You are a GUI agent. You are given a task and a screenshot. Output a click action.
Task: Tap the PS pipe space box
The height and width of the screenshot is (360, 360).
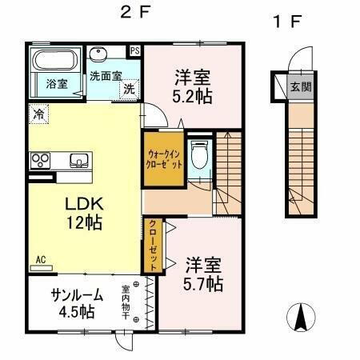[x=135, y=50]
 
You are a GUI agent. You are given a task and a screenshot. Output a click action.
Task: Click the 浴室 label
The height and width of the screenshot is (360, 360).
[x=55, y=83]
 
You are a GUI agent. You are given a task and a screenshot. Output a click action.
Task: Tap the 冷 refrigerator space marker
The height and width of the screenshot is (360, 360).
[x=38, y=114]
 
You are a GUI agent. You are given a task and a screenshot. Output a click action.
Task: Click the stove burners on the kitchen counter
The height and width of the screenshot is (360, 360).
[x=39, y=160]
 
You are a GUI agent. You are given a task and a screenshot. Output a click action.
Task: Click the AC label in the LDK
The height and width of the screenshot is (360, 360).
[x=40, y=260]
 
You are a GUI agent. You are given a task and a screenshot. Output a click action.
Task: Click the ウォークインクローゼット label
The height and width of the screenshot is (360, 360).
[x=165, y=158]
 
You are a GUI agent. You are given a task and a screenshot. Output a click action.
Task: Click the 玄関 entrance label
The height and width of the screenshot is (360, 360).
[x=299, y=86]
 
